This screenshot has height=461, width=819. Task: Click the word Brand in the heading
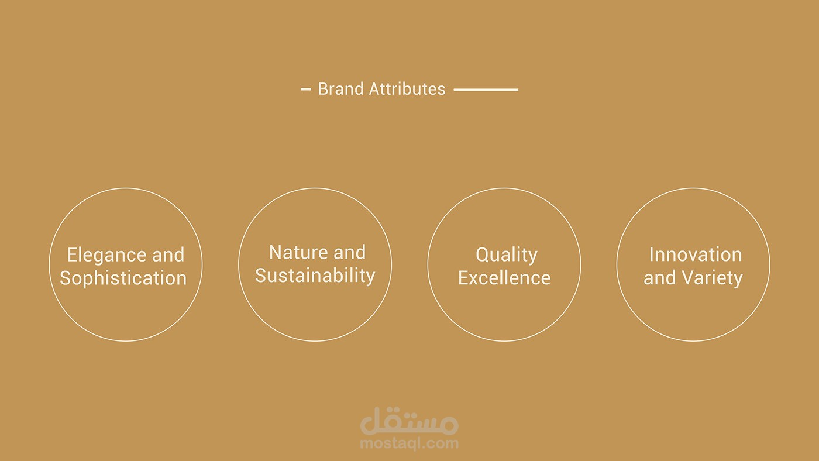[340, 89]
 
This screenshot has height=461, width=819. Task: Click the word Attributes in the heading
[407, 89]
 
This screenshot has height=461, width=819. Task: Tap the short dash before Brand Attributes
[305, 89]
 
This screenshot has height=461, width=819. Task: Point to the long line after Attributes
[486, 89]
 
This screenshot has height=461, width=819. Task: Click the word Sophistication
[123, 278]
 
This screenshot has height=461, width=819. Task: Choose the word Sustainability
[315, 276]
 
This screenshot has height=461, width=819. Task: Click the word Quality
[507, 255]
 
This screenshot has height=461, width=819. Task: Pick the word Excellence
[504, 278]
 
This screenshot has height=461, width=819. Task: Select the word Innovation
[696, 254]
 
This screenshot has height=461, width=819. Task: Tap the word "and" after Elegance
[168, 254]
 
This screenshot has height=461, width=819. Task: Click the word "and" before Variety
[660, 278]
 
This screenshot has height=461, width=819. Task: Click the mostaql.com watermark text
[409, 443]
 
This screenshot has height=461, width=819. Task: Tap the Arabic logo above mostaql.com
[409, 421]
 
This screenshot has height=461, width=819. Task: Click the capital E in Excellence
[463, 278]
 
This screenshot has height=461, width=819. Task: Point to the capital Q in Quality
[483, 255]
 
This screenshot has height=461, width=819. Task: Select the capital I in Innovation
[652, 254]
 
